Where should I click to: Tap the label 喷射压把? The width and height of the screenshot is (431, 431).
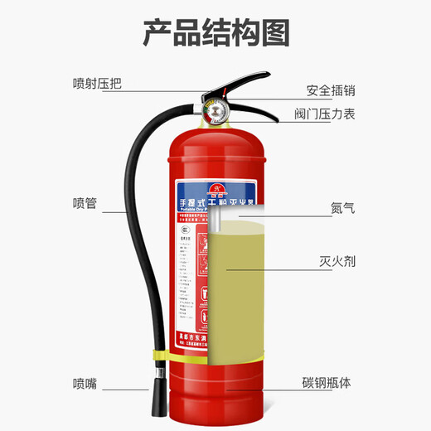96,83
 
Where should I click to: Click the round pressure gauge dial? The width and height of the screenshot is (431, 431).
211,111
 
